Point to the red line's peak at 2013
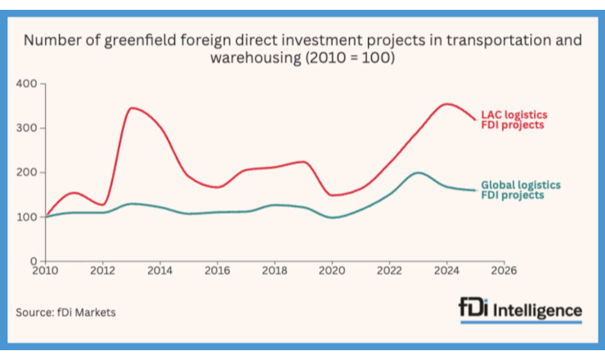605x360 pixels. tap(132, 108)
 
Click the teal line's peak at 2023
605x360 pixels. tap(418, 173)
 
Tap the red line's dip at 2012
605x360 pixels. tap(103, 205)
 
